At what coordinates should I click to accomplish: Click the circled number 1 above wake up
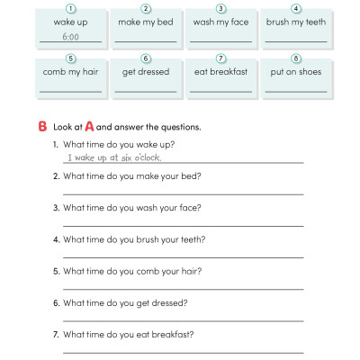[x=71, y=8]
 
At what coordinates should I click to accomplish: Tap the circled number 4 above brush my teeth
[x=296, y=8]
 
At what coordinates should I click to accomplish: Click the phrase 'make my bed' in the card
[x=146, y=22]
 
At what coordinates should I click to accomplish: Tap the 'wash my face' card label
[x=220, y=22]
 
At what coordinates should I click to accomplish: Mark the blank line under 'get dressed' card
[x=146, y=90]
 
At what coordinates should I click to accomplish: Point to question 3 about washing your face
[x=131, y=207]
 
